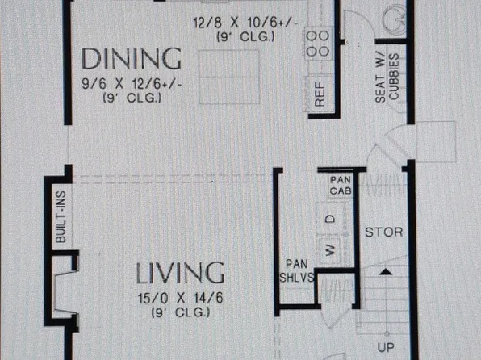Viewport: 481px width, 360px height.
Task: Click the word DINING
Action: coord(132,58)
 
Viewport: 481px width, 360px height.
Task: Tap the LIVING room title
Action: coord(180,273)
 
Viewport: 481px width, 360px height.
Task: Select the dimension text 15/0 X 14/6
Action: coord(181,298)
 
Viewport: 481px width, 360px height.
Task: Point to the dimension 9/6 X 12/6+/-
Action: coord(132,84)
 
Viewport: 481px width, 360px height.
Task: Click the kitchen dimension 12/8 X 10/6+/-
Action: coord(245,23)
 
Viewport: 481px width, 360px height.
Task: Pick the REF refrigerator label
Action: coord(320,94)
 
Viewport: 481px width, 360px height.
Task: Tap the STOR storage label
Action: coord(384,232)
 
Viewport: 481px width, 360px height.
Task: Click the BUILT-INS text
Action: coord(61,217)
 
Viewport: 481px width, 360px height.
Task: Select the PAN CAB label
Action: coord(341,186)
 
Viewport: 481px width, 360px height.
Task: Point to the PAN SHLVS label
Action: coord(297,270)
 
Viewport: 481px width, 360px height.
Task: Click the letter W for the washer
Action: coord(330,250)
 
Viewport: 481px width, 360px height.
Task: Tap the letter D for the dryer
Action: coord(330,219)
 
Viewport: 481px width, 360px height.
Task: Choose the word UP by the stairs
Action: coord(386,347)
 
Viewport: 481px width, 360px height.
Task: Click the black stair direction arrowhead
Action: coord(386,272)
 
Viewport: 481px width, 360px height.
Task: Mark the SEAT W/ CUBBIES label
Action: coord(387,78)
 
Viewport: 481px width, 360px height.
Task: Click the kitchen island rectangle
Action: coord(229,77)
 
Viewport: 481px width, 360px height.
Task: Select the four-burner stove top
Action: coord(317,44)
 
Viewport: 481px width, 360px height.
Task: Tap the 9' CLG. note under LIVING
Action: coord(181,312)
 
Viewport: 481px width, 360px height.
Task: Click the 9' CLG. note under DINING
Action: coord(132,98)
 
